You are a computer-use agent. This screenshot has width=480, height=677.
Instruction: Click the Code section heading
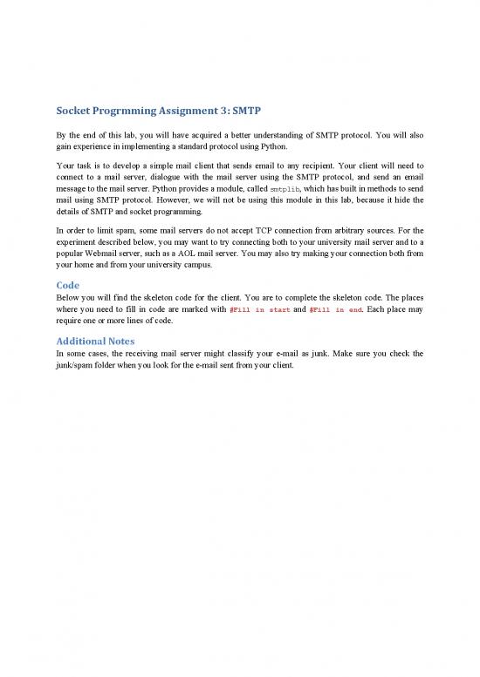(68, 284)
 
